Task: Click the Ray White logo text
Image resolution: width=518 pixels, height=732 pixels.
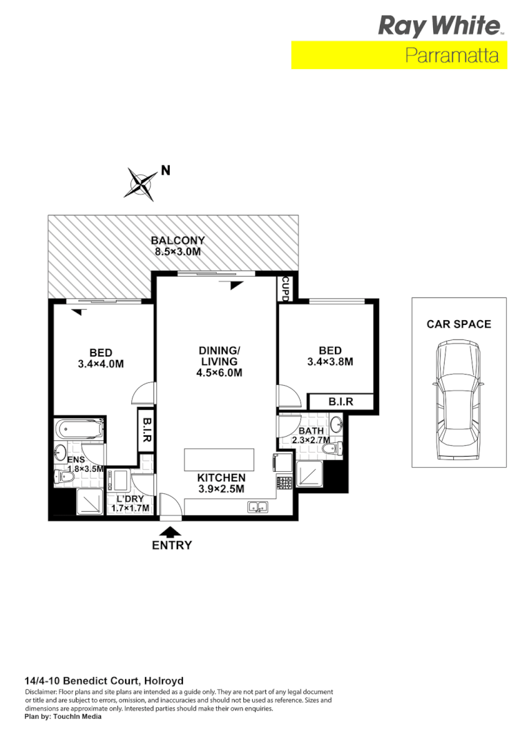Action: (x=439, y=26)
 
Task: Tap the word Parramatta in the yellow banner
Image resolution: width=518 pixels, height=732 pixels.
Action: (x=452, y=56)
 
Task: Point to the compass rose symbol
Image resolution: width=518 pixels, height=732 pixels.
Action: (x=142, y=184)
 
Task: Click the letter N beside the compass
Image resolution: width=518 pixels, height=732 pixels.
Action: (x=165, y=170)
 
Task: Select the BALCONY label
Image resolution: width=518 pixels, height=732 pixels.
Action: (x=178, y=241)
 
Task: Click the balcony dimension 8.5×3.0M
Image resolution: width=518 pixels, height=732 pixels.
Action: (x=178, y=252)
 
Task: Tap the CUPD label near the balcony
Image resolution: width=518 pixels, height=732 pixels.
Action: (x=285, y=289)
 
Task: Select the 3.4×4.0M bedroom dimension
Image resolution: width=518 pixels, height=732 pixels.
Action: (x=100, y=364)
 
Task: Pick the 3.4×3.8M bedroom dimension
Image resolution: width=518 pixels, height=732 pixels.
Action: (x=330, y=362)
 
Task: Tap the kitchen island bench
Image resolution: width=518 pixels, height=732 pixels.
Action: (x=219, y=459)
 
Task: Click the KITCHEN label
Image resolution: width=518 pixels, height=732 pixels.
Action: (x=221, y=477)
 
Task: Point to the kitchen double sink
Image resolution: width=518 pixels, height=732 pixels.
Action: (x=258, y=507)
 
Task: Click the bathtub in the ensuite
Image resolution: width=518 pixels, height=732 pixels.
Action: (x=79, y=428)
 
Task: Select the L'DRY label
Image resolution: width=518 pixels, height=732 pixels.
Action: (x=129, y=499)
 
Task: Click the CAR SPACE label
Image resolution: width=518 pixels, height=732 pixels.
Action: (x=459, y=324)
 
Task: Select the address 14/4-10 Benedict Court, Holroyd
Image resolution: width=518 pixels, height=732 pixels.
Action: (x=104, y=680)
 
